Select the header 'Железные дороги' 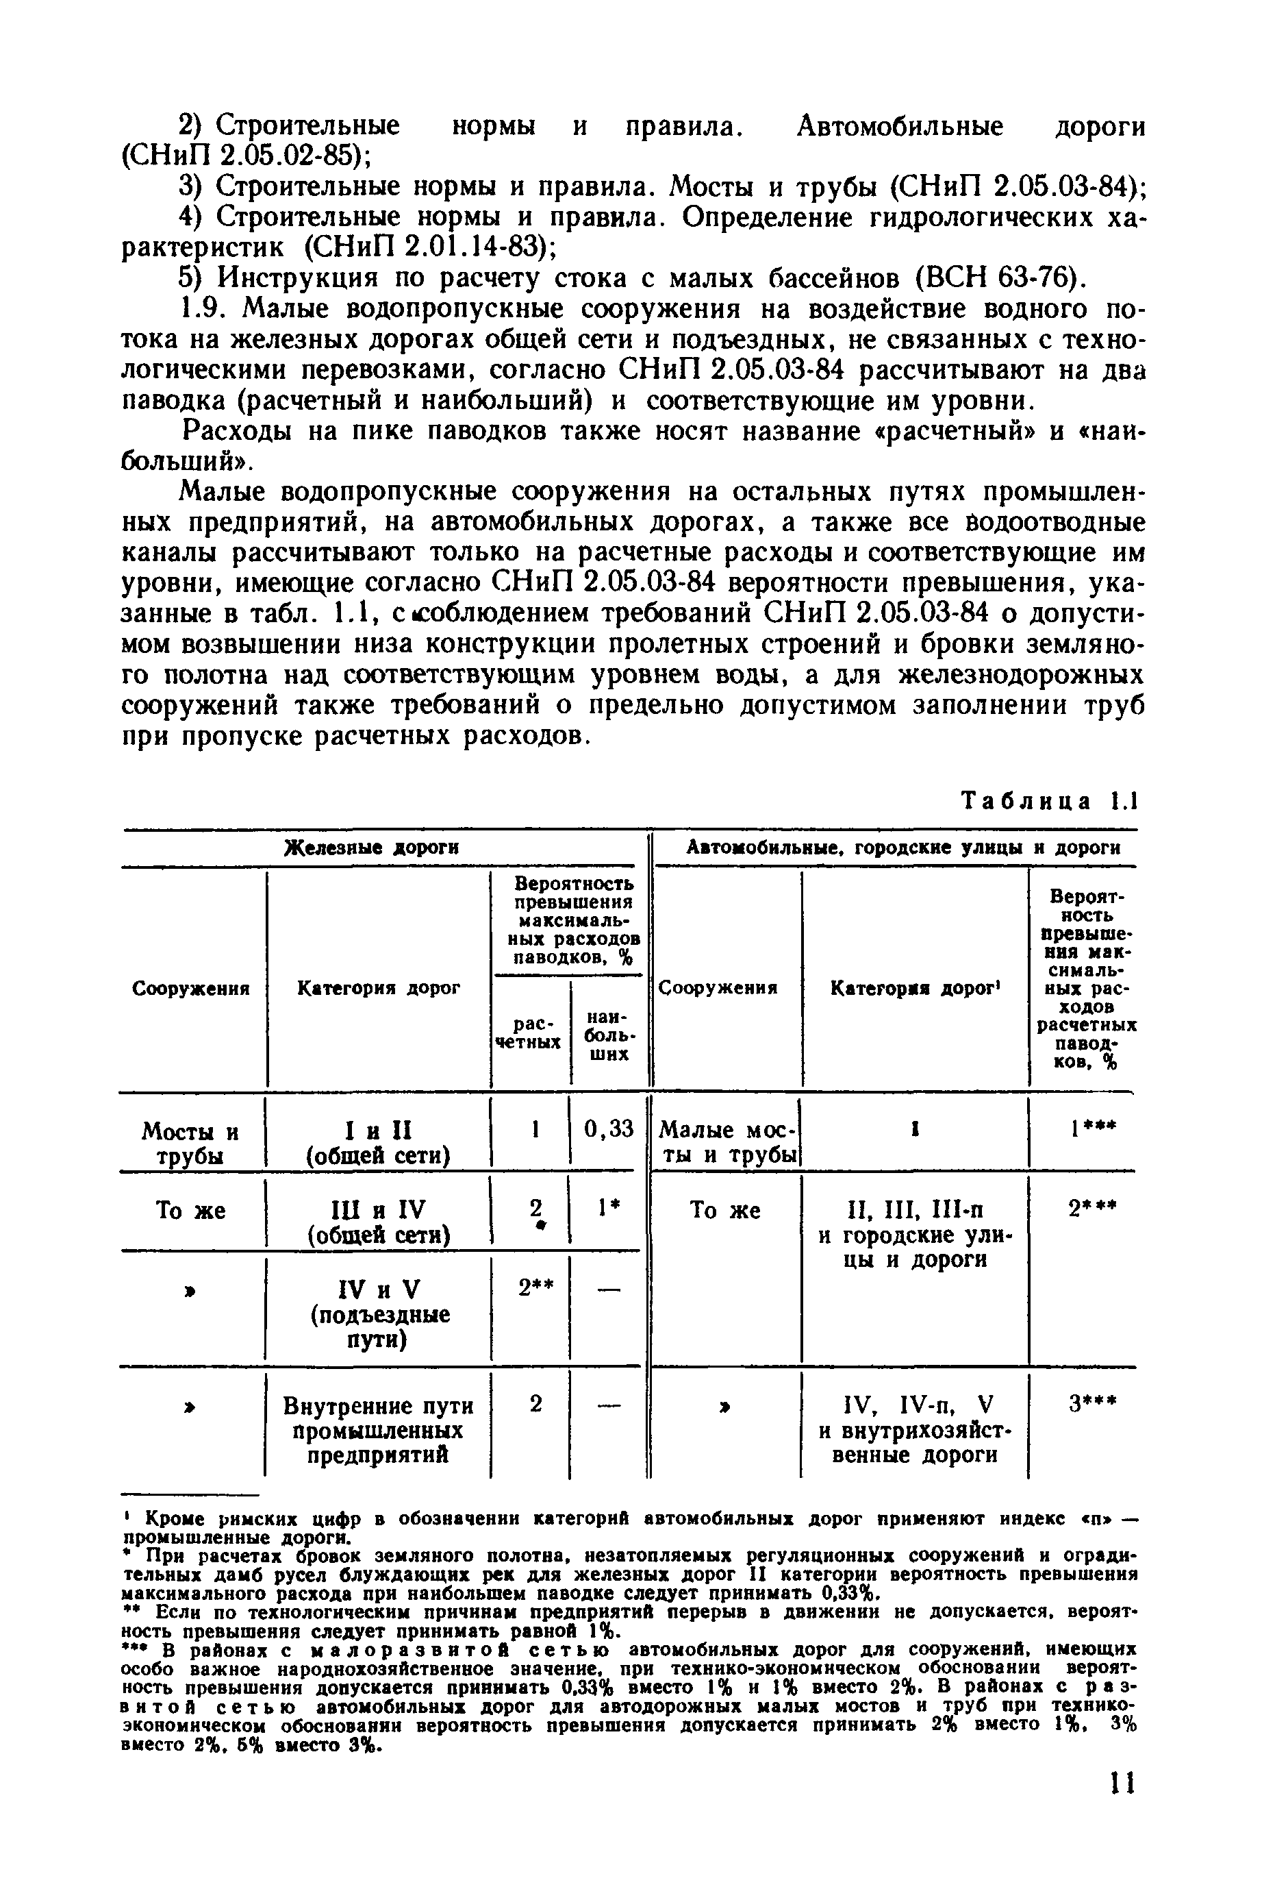pos(372,848)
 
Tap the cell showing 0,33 pos(609,1129)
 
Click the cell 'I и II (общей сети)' pos(378,1142)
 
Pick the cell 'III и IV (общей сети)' pos(378,1222)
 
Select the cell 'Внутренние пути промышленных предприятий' pos(378,1430)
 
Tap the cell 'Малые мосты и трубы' pos(727,1142)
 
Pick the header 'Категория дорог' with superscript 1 pos(915,988)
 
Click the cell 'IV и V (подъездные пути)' pos(378,1313)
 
